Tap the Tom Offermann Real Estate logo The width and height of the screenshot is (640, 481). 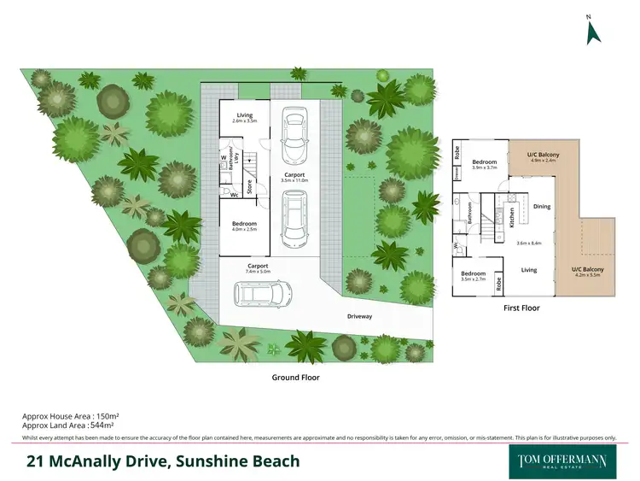tap(562, 461)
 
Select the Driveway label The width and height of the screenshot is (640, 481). tap(359, 316)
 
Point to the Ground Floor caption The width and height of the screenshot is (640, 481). tap(295, 376)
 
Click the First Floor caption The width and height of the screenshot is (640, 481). tap(521, 308)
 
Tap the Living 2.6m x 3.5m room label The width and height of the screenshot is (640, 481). tap(244, 118)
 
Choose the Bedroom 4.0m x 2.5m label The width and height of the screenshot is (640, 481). tap(244, 226)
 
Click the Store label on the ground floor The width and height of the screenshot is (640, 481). tap(249, 185)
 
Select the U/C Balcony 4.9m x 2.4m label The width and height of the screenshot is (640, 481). tap(543, 156)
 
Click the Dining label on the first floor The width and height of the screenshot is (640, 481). tap(542, 206)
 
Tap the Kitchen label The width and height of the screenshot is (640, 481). tap(511, 215)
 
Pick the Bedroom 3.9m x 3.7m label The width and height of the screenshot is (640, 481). tap(485, 164)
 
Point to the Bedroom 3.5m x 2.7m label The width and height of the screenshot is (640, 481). tap(472, 276)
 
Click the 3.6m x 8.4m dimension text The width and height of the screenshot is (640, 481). tap(529, 243)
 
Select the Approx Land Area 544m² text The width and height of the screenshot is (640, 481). tap(68, 425)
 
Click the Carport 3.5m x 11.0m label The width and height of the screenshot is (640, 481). tap(294, 177)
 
